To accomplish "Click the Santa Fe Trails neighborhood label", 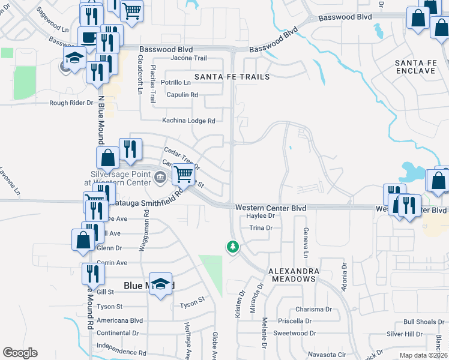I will [x=232, y=77].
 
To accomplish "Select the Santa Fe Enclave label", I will [x=415, y=67].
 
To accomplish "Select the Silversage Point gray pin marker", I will [x=160, y=176].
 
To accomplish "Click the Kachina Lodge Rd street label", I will [x=188, y=121].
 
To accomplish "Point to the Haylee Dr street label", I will [x=260, y=215].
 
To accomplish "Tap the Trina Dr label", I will [x=261, y=228].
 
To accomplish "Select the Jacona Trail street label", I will [x=188, y=58].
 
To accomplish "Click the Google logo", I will [x=20, y=353].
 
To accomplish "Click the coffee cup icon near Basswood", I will [x=89, y=37].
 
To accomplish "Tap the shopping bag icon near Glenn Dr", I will [x=82, y=239].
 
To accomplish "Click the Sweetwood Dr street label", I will [x=294, y=333].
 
